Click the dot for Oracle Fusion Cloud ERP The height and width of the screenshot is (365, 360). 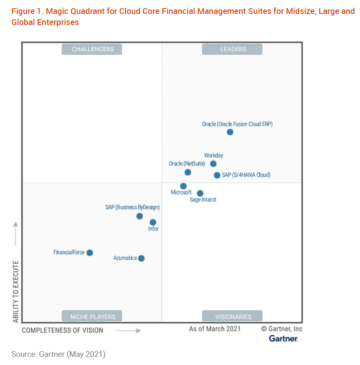pyautogui.click(x=230, y=132)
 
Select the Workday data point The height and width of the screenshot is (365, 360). pyautogui.click(x=213, y=164)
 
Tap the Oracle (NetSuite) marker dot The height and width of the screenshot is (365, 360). pyautogui.click(x=188, y=172)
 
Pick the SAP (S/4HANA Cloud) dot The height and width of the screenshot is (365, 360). pyautogui.click(x=217, y=175)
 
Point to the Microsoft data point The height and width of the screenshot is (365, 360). pyautogui.click(x=183, y=186)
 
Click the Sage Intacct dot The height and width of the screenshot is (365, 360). pyautogui.click(x=200, y=193)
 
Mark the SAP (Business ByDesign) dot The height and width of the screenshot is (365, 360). pyautogui.click(x=139, y=216)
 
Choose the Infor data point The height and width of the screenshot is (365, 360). pyautogui.click(x=153, y=222)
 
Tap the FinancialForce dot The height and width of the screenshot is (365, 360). pyautogui.click(x=90, y=253)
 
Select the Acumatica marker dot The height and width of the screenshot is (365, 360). pyautogui.click(x=141, y=258)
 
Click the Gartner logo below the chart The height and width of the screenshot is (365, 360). pyautogui.click(x=283, y=338)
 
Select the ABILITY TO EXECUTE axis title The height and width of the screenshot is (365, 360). pyautogui.click(x=16, y=291)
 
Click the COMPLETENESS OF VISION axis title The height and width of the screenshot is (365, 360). pyautogui.click(x=62, y=330)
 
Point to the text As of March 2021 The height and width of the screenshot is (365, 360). pyautogui.click(x=215, y=329)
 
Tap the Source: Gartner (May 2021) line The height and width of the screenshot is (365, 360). pyautogui.click(x=58, y=354)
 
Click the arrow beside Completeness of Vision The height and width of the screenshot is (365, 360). pyautogui.click(x=128, y=330)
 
